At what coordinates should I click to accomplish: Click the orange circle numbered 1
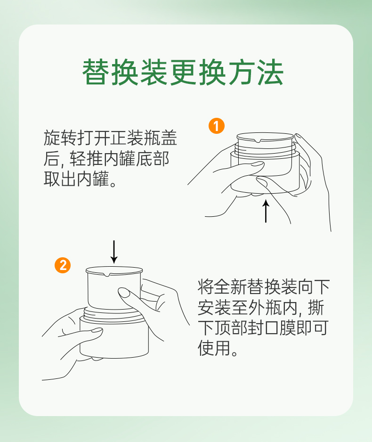tap(217, 126)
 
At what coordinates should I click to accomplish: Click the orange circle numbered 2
tap(63, 265)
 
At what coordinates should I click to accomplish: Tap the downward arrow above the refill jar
tap(114, 252)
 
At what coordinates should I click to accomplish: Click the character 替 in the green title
tap(96, 72)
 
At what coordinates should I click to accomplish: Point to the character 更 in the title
tap(183, 72)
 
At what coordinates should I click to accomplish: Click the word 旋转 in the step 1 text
tap(60, 138)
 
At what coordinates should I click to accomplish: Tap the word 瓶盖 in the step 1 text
tap(160, 138)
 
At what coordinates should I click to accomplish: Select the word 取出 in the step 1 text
tap(60, 179)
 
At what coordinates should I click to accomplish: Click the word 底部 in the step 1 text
tap(153, 158)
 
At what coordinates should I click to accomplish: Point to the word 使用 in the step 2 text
tap(214, 348)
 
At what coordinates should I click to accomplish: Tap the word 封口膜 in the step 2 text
tap(272, 327)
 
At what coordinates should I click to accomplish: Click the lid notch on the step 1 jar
tap(261, 140)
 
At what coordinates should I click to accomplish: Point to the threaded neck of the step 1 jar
tap(265, 148)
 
